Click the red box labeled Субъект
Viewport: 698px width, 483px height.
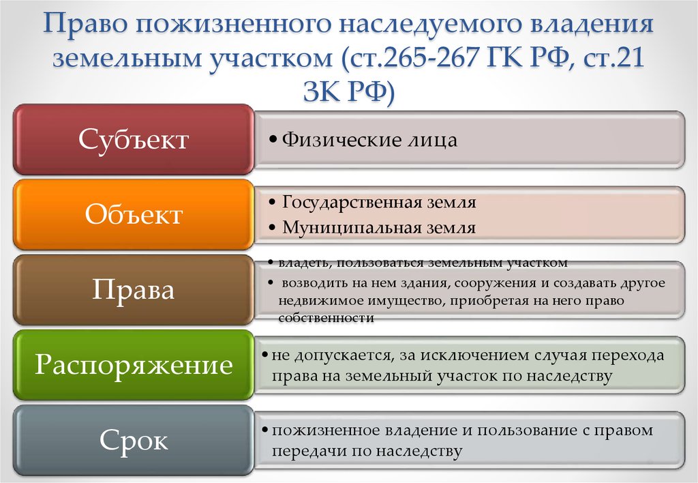(x=134, y=139)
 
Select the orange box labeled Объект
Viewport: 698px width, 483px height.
(x=134, y=214)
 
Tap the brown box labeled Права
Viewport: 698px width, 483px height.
(x=134, y=290)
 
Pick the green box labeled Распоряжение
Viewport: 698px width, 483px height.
(x=134, y=365)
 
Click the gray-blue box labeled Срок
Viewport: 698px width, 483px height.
(x=134, y=440)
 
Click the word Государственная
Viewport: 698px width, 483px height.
(x=352, y=203)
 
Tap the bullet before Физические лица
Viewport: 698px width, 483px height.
(x=273, y=139)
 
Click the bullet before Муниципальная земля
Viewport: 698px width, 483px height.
(x=273, y=228)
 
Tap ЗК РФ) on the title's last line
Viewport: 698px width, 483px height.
(x=349, y=91)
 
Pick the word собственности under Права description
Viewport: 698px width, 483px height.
(x=326, y=318)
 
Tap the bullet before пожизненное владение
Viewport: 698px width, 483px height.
(x=265, y=430)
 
